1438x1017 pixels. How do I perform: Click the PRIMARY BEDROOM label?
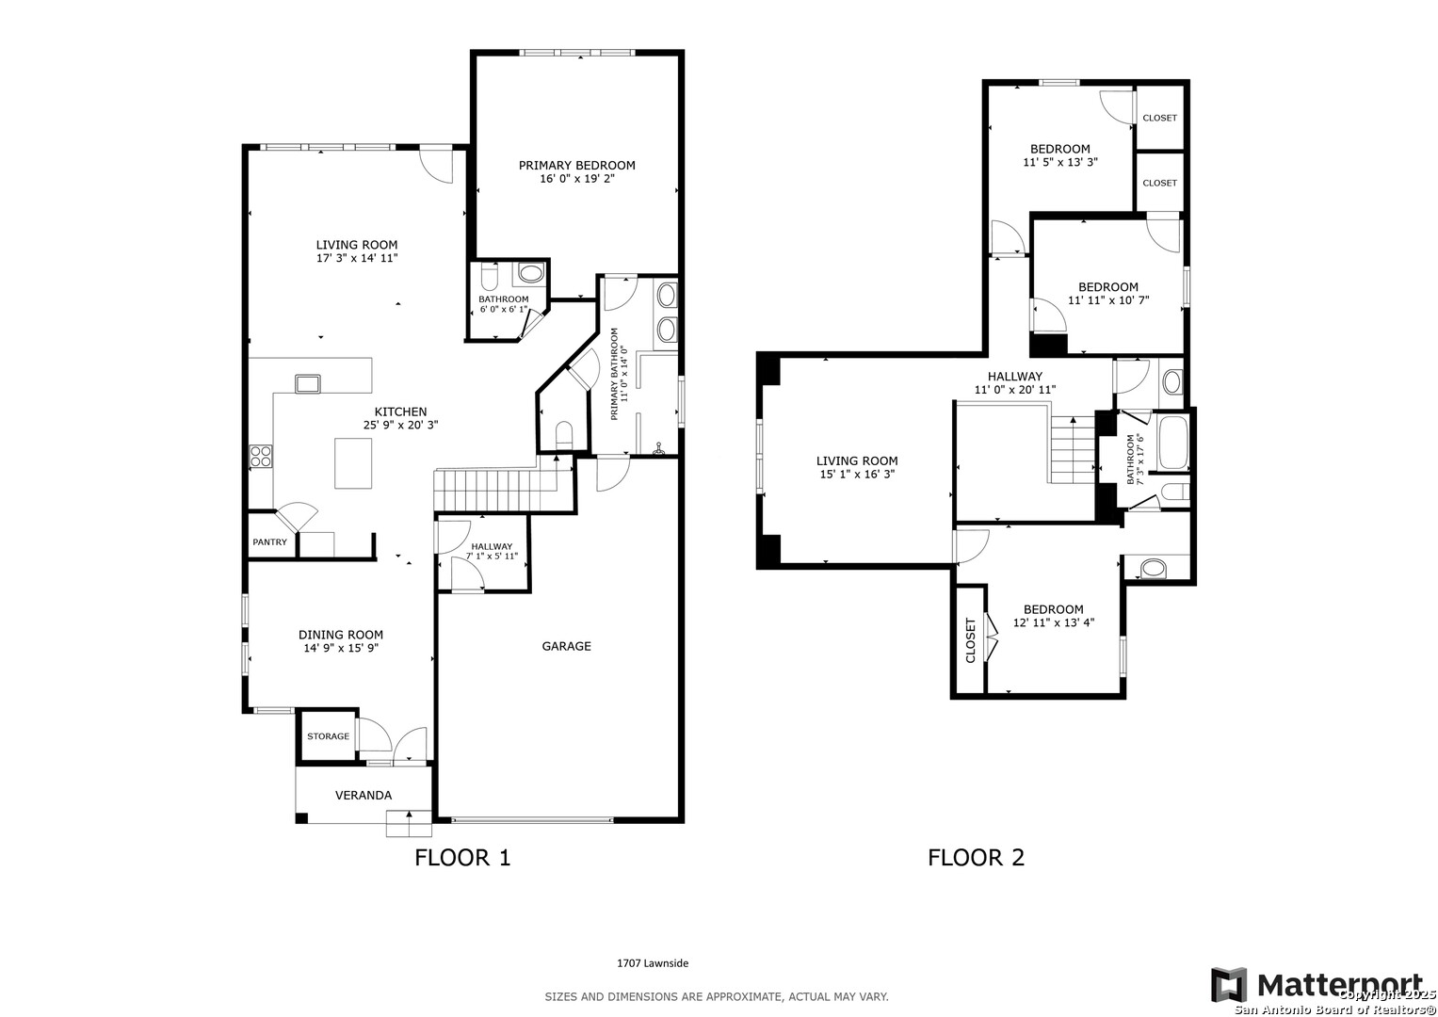pos(576,166)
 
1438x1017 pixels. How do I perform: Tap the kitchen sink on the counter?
pos(308,384)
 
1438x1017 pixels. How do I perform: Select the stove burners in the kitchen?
pos(261,456)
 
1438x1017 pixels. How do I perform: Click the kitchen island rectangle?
pos(353,463)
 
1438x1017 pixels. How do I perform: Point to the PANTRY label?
pos(269,541)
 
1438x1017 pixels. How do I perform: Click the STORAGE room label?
pos(328,736)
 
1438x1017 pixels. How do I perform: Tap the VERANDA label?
pos(364,796)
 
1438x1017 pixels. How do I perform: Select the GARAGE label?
pos(566,647)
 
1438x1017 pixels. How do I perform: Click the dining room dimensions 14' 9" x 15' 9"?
pos(341,649)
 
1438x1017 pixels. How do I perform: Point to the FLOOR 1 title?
pos(462,858)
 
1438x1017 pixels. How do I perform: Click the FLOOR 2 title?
pos(976,858)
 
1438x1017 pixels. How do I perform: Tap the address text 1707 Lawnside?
pos(653,963)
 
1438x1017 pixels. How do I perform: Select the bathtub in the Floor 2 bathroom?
pos(1173,443)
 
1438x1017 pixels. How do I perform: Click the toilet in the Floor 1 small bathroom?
pos(489,277)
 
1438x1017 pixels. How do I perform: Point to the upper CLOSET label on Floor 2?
pos(1160,118)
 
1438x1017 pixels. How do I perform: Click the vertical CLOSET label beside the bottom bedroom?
pos(970,640)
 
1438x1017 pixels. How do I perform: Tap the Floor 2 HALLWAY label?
pos(1015,377)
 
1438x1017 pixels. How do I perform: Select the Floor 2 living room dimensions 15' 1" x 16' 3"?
pos(857,475)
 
